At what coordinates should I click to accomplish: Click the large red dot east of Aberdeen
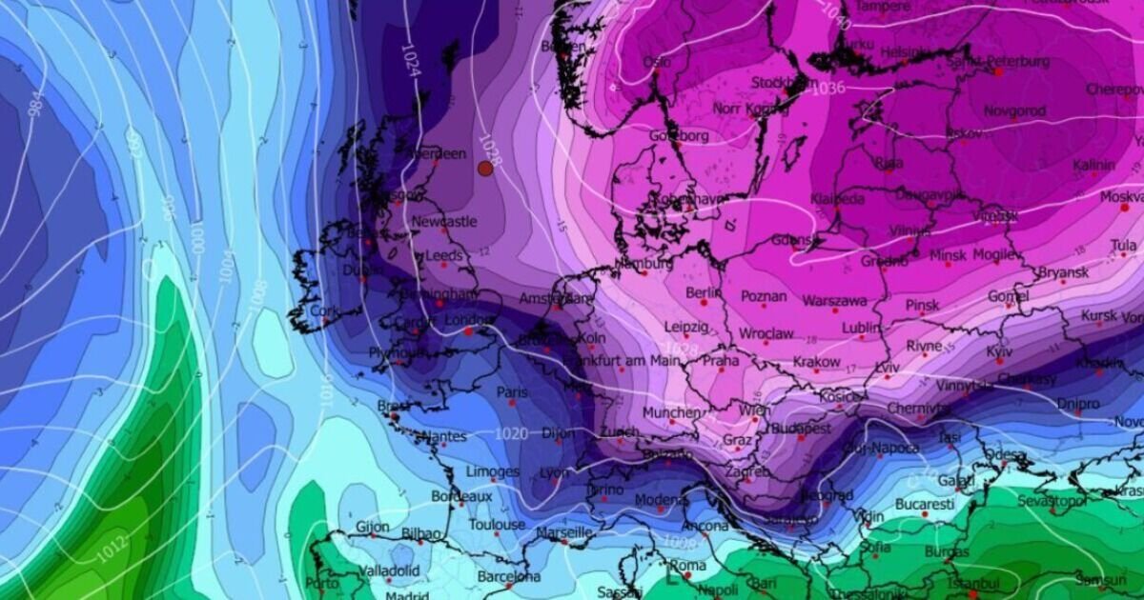[x=485, y=168]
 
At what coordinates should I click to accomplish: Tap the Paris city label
[x=512, y=391]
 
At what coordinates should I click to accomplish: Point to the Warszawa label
[x=834, y=300]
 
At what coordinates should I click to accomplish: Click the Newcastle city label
[x=444, y=222]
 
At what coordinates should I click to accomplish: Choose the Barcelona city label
[x=508, y=576]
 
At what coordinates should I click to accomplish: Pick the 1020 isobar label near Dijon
[x=511, y=434]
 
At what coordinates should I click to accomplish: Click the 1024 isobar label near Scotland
[x=408, y=57]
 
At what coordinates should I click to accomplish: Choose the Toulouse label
[x=496, y=525]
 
